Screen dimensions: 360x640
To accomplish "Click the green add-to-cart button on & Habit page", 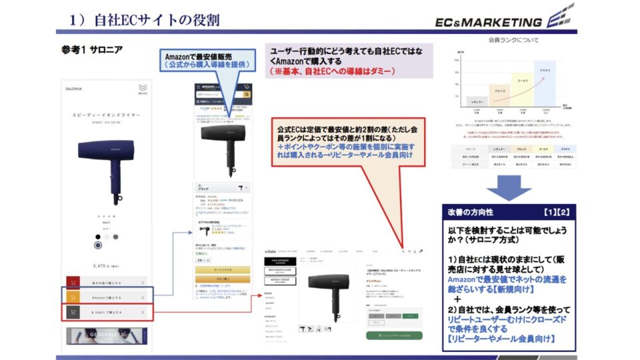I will click(x=393, y=335).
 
